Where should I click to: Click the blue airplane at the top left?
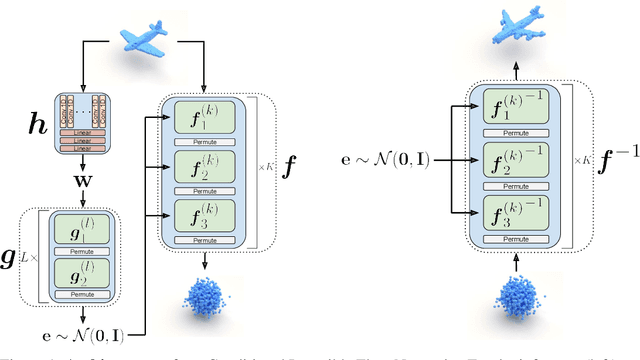[151, 39]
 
